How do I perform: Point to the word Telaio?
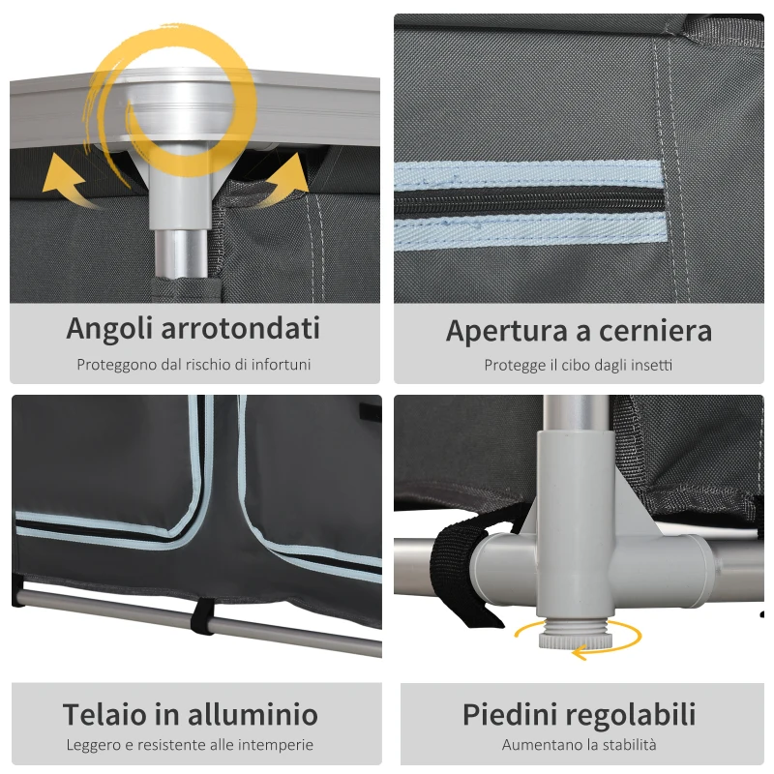(102, 714)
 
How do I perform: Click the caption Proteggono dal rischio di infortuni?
(194, 365)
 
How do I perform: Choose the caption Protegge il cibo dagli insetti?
(579, 365)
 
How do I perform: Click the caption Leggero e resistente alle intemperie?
(190, 745)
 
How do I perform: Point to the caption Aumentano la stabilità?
(579, 745)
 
